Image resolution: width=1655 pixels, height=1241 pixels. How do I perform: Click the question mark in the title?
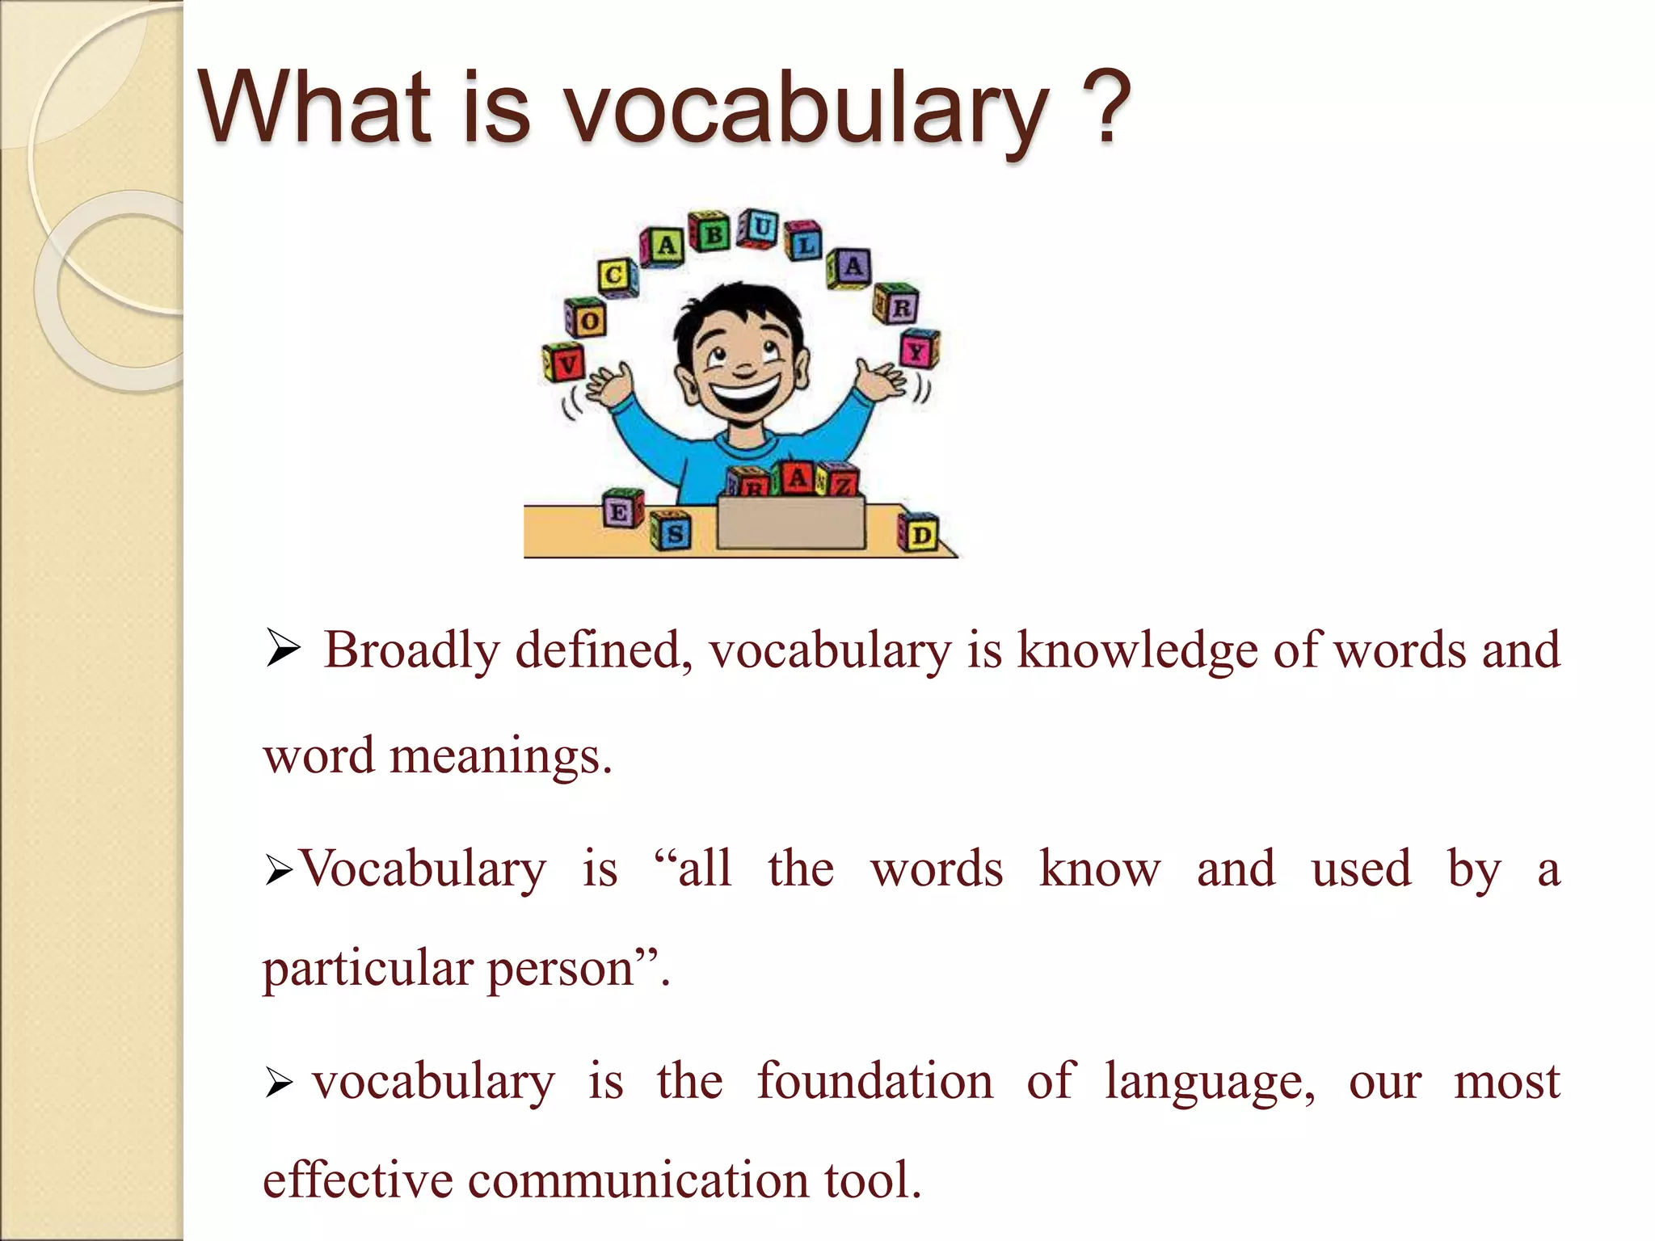[x=1105, y=107]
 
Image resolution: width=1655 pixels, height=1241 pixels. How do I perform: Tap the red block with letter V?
[x=566, y=363]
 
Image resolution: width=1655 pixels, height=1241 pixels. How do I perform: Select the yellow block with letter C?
[x=616, y=276]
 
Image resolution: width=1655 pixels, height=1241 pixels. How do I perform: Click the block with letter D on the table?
[x=920, y=533]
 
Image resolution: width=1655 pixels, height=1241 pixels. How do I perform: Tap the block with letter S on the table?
[x=672, y=532]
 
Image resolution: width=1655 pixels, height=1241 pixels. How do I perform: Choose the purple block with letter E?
[x=621, y=511]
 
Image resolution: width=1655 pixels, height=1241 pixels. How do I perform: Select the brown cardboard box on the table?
[x=791, y=524]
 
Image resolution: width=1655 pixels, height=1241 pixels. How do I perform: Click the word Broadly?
[x=411, y=650]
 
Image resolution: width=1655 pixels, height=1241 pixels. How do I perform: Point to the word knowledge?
[x=1136, y=650]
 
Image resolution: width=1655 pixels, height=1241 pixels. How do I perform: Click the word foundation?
[x=875, y=1082]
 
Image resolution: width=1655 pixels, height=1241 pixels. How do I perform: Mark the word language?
[x=1210, y=1082]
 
